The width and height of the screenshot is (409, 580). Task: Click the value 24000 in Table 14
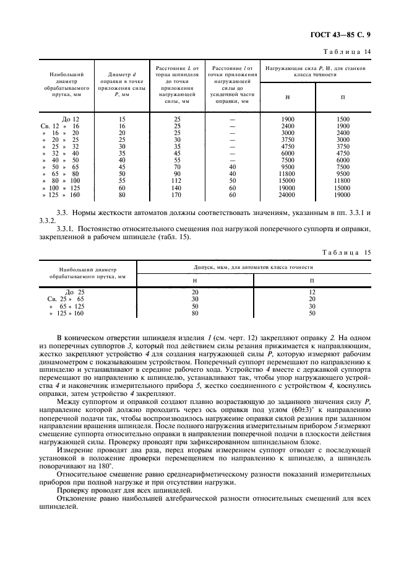click(x=286, y=195)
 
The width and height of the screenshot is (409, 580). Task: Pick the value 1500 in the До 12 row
click(x=342, y=118)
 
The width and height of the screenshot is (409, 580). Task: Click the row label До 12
click(x=71, y=118)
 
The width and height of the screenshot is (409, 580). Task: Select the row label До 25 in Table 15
click(x=74, y=291)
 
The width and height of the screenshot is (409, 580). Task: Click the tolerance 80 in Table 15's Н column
click(x=194, y=314)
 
